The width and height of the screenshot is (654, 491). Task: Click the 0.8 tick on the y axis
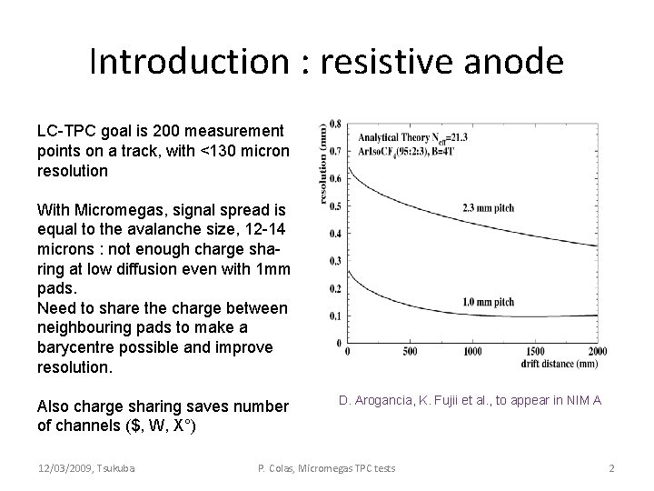[x=335, y=125]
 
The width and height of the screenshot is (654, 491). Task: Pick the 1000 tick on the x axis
[x=473, y=351]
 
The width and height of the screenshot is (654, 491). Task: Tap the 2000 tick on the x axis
[x=597, y=351]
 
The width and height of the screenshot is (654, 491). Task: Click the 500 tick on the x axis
[x=410, y=351]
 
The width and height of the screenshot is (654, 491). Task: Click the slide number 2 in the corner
[x=612, y=467]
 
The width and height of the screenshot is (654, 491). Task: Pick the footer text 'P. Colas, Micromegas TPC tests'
[x=327, y=467]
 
